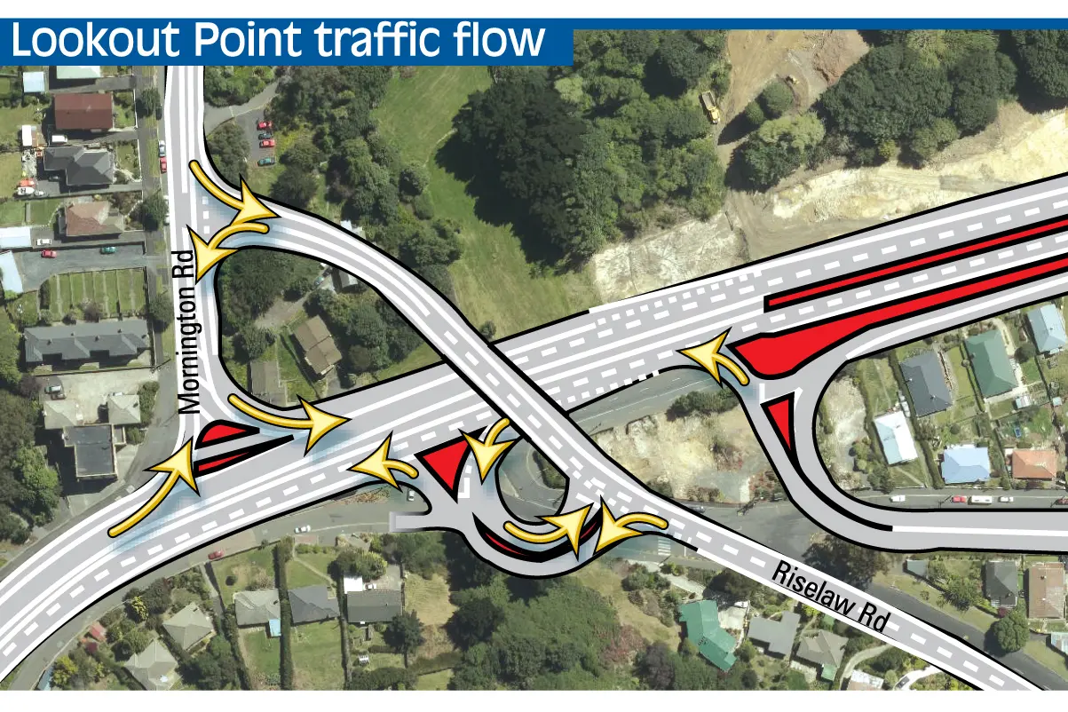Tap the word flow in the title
(497, 40)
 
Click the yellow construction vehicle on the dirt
(709, 107)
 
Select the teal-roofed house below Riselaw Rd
(708, 633)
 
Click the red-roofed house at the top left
(83, 112)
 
